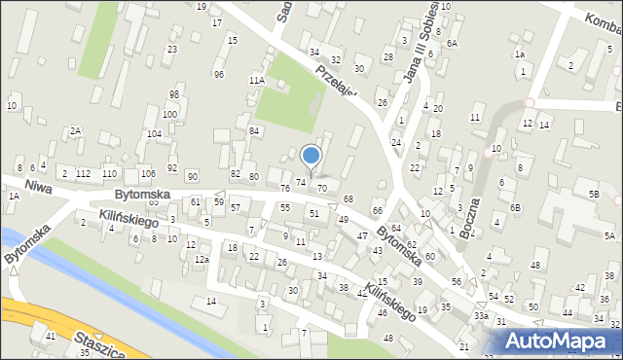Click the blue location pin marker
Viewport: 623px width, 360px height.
[x=311, y=156]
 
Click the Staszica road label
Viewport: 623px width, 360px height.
[x=94, y=343]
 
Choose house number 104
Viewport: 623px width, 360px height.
[x=153, y=134]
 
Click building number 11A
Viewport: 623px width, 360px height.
[x=257, y=80]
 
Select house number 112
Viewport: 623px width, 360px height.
[x=84, y=173]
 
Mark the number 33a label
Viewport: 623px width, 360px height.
[x=481, y=316]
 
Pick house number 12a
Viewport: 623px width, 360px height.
[x=202, y=260]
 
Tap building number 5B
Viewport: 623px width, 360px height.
[x=593, y=194]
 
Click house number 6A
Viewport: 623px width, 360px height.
[x=452, y=44]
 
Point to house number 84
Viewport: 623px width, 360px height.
[x=254, y=130]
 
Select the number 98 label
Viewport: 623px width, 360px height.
[x=174, y=94]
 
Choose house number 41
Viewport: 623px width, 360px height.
[x=51, y=336]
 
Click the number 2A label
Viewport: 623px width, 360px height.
[x=75, y=130]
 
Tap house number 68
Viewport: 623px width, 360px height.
[x=348, y=199]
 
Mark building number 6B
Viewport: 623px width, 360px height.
[x=516, y=207]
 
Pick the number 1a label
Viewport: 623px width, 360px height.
[x=520, y=54]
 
